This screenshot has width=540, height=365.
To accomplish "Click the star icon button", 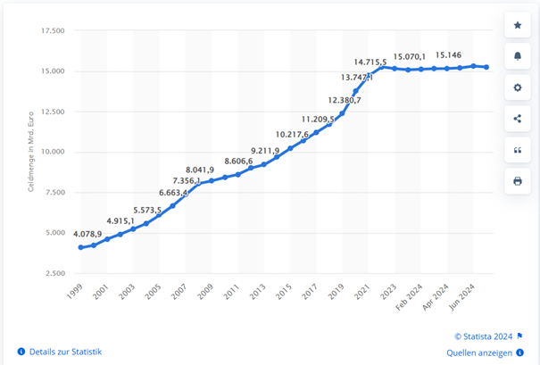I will click(518, 26).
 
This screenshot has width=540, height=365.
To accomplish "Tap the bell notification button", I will click(518, 57).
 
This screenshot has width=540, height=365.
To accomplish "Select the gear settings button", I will click(518, 88).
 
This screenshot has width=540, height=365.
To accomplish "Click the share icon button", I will click(518, 119).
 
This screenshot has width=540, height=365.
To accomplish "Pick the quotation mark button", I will click(518, 150).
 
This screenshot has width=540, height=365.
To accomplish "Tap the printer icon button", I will click(518, 181).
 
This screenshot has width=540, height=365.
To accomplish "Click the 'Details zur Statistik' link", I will click(64, 352).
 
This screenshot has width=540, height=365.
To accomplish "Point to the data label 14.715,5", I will click(370, 62).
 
